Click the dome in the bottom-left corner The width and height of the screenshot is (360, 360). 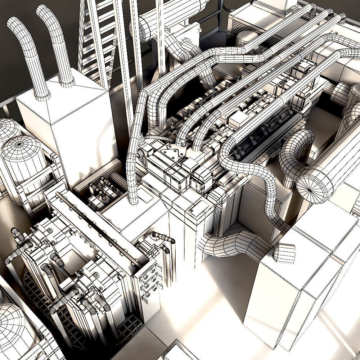(14, 328)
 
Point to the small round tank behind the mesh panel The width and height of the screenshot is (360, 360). (247, 38)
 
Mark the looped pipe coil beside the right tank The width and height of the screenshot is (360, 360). (293, 151)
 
